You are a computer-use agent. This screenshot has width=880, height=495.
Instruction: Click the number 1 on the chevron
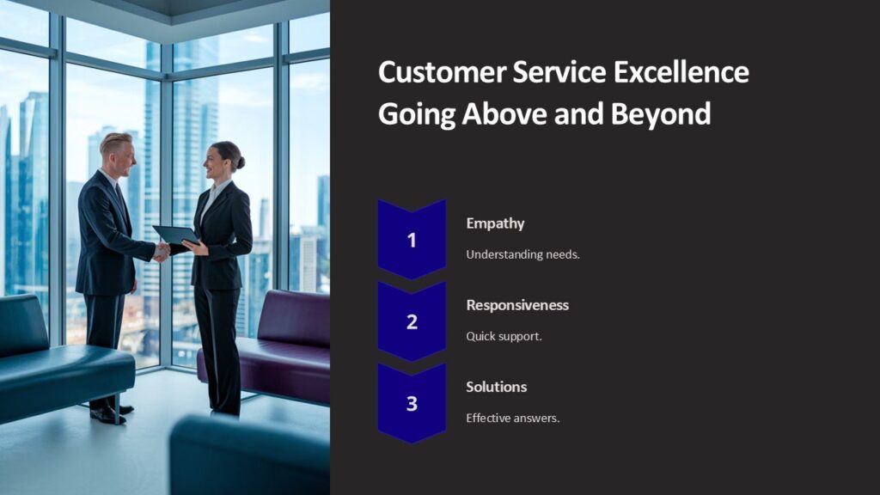coord(412,241)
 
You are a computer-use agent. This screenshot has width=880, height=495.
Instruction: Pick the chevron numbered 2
coord(412,322)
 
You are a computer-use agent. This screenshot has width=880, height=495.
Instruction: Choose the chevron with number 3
coord(412,403)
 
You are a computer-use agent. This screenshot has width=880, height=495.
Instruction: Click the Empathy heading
coord(495,223)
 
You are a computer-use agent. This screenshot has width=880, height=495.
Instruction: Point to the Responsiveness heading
coord(517,305)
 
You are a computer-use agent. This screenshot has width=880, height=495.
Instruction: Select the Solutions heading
coord(496,387)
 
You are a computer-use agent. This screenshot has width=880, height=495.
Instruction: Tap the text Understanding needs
coord(522,254)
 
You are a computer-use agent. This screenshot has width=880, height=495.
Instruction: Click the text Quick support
coord(504,336)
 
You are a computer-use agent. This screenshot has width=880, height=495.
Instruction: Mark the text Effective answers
coord(512,418)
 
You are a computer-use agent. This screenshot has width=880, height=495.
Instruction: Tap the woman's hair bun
coord(240,162)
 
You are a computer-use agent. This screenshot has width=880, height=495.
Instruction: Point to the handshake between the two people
coord(162,251)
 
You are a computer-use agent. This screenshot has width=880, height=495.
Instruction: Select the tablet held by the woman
coord(175,235)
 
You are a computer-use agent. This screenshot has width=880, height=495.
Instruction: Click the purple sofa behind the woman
coord(284,344)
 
